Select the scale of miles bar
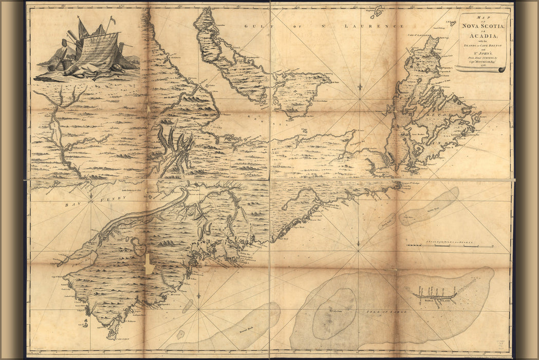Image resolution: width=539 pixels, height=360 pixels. (x=450, y=246)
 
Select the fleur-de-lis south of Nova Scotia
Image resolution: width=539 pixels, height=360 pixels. (x=199, y=296)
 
